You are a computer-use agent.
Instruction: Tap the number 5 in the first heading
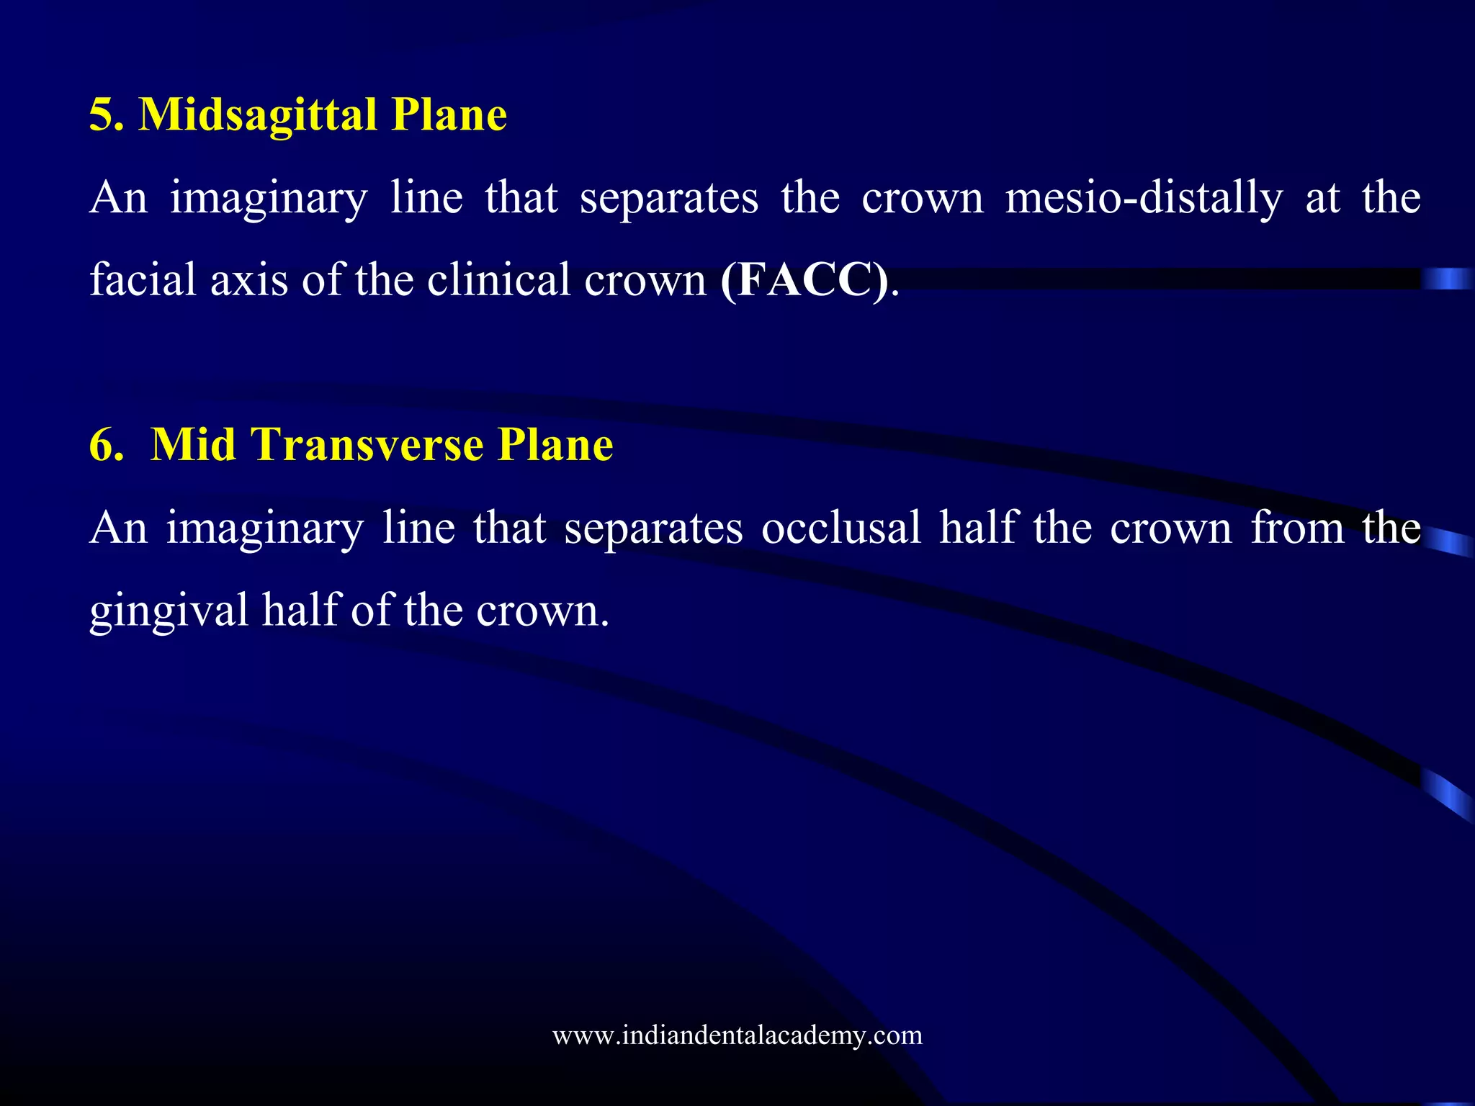[101, 115]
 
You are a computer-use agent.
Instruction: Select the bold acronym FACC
[804, 280]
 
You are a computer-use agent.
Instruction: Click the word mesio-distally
[1144, 198]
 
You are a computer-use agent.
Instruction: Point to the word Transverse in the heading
[367, 445]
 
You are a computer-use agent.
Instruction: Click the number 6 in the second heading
[101, 445]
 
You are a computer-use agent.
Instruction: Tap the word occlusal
[841, 528]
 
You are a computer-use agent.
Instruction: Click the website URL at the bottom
[737, 1035]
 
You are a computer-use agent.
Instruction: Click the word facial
[143, 280]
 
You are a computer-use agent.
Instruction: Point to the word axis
[249, 280]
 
